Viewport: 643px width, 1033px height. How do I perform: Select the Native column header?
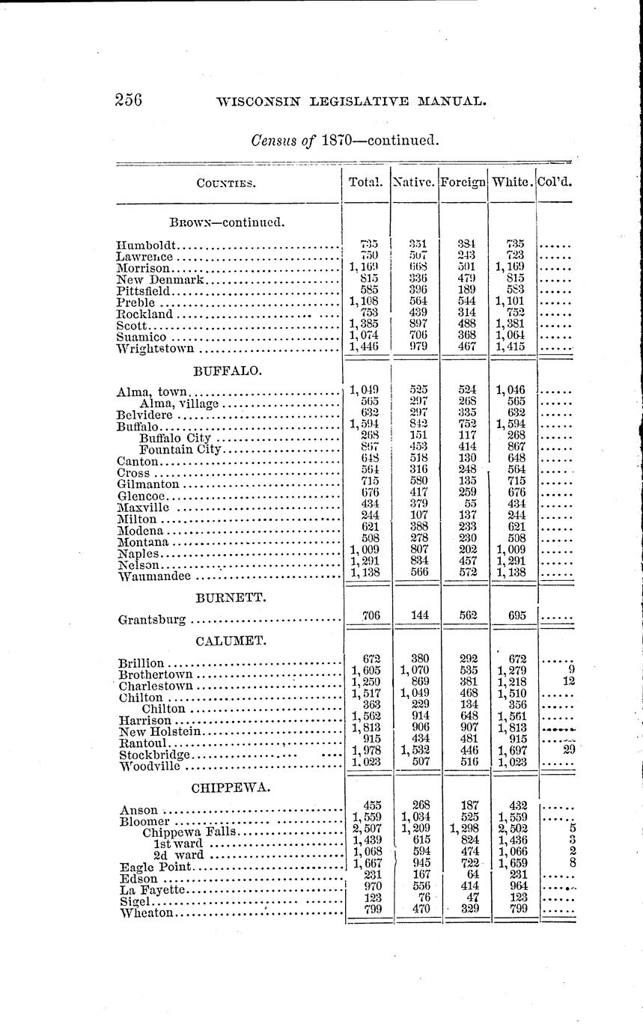414,181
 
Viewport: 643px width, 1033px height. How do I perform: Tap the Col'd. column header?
555,181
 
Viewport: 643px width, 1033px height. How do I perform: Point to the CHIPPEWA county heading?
231,787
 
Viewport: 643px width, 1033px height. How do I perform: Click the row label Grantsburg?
153,620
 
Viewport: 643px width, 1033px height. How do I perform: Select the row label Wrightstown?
156,348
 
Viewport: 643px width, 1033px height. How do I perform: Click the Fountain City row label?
180,449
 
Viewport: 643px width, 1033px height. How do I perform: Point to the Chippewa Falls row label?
189,831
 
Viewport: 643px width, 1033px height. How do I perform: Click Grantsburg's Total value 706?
371,615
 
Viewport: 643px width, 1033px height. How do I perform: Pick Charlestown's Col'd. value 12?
568,682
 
